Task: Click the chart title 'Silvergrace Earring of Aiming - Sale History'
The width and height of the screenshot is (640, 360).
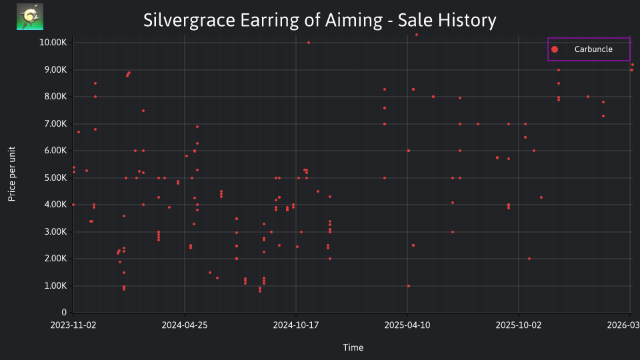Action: click(x=319, y=21)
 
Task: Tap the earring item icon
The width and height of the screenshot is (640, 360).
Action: click(x=30, y=17)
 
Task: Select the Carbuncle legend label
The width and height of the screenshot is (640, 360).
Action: click(x=593, y=49)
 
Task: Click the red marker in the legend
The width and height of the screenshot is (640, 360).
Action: click(x=555, y=49)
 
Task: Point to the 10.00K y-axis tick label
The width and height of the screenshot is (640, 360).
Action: click(x=53, y=43)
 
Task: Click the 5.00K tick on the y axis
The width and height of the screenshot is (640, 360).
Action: click(x=55, y=178)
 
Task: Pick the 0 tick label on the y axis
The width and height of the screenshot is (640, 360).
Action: click(x=64, y=313)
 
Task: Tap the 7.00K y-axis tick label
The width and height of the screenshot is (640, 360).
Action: click(x=55, y=124)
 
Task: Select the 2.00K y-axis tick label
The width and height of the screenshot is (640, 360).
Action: click(x=55, y=259)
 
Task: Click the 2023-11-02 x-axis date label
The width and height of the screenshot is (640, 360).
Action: click(x=73, y=325)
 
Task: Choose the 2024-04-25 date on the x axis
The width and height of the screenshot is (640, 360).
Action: click(x=185, y=325)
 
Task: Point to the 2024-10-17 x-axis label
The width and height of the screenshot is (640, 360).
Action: click(x=296, y=325)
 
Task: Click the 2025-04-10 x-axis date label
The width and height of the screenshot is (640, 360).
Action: click(x=407, y=325)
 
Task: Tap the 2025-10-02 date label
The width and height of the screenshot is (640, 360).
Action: click(x=519, y=325)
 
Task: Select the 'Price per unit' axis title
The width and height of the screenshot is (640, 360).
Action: click(x=12, y=174)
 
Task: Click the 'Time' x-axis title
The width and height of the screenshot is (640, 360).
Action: click(x=353, y=348)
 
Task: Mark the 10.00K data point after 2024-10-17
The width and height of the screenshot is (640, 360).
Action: click(x=309, y=43)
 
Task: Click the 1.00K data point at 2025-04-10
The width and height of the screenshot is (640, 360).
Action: click(x=409, y=286)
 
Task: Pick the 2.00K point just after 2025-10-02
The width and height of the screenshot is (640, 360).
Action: click(x=529, y=259)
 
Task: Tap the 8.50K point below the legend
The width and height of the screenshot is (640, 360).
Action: click(x=559, y=83)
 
